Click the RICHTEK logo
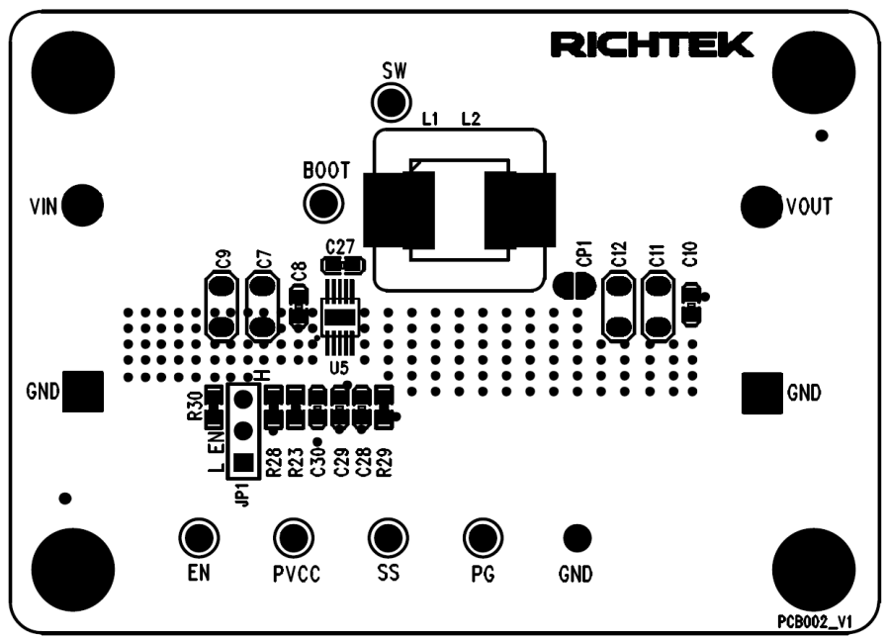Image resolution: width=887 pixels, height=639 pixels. pos(653,45)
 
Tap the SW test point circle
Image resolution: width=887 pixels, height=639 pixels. pos(391,102)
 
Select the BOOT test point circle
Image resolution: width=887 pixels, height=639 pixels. pos(323,204)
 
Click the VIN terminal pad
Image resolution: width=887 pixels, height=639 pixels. pos(87,206)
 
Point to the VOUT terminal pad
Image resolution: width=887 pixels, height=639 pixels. pos(761,206)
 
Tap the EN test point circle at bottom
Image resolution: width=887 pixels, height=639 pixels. pos(199,538)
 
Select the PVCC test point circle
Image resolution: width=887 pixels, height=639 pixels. pos(293,538)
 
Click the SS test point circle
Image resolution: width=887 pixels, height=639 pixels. pos(388,538)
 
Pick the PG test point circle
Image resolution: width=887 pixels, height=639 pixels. pos(483,538)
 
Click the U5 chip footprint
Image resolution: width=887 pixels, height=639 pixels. pos(340,317)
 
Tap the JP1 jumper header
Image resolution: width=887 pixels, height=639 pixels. pos(241,428)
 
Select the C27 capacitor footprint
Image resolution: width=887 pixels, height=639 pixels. pos(342,266)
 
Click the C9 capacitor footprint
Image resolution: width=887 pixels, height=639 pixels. pos(222,308)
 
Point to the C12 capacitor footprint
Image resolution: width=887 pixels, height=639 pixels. pos(619,308)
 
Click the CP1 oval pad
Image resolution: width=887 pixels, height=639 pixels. pos(574,285)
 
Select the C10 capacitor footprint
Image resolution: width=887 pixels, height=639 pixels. pos(691,305)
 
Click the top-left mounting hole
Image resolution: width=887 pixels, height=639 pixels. pos(73,72)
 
